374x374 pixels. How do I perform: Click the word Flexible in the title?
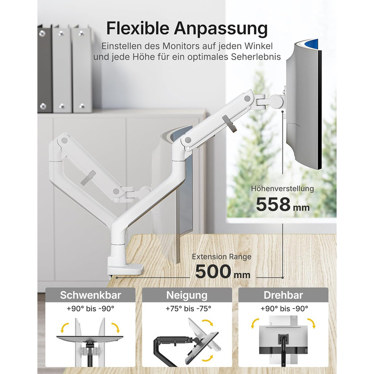138,28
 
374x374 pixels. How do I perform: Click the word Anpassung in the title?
221,29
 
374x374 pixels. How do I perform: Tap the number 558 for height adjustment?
273,205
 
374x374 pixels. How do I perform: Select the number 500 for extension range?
213,271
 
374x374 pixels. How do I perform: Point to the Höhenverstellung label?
283,189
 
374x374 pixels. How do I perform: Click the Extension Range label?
222,256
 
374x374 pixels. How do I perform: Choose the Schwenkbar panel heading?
90,295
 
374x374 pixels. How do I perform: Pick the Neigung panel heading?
187,295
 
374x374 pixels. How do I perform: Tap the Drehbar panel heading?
283,295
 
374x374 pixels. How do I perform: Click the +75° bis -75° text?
189,309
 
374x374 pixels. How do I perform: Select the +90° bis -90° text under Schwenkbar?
90,309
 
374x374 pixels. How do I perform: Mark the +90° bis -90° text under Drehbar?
284,309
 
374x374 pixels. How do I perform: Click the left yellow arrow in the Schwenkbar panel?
65,328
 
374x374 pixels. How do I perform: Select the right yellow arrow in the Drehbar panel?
311,323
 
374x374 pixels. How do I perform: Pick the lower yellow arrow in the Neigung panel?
207,359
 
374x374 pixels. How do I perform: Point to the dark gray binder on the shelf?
44,68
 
